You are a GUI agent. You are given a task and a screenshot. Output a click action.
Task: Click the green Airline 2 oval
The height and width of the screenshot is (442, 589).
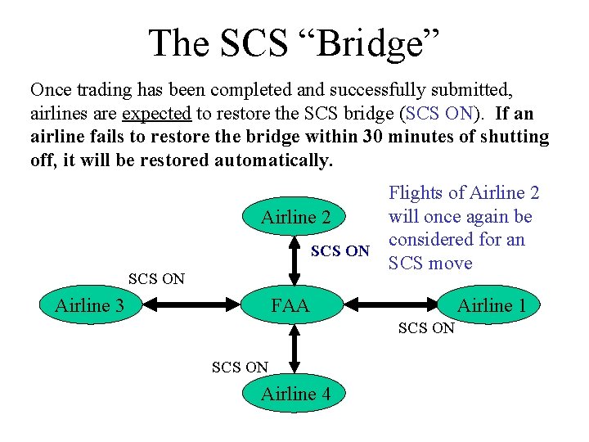(295, 217)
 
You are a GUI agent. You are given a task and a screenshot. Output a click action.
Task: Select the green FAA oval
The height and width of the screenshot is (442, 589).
(290, 306)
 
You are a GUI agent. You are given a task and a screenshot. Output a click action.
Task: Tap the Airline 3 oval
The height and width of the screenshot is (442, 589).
(89, 306)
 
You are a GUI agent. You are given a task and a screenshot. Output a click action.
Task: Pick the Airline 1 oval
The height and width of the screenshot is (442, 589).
(491, 306)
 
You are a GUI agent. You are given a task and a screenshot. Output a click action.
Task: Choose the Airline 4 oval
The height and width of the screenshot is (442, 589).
(295, 395)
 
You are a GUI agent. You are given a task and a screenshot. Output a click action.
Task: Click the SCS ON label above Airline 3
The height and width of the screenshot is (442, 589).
(156, 279)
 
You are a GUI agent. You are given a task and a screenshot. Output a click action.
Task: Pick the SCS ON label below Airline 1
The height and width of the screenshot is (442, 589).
(425, 328)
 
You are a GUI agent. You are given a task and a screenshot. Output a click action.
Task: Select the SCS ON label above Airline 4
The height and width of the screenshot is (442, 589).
(240, 368)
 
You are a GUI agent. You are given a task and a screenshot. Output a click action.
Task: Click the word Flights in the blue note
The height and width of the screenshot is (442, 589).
(417, 193)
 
